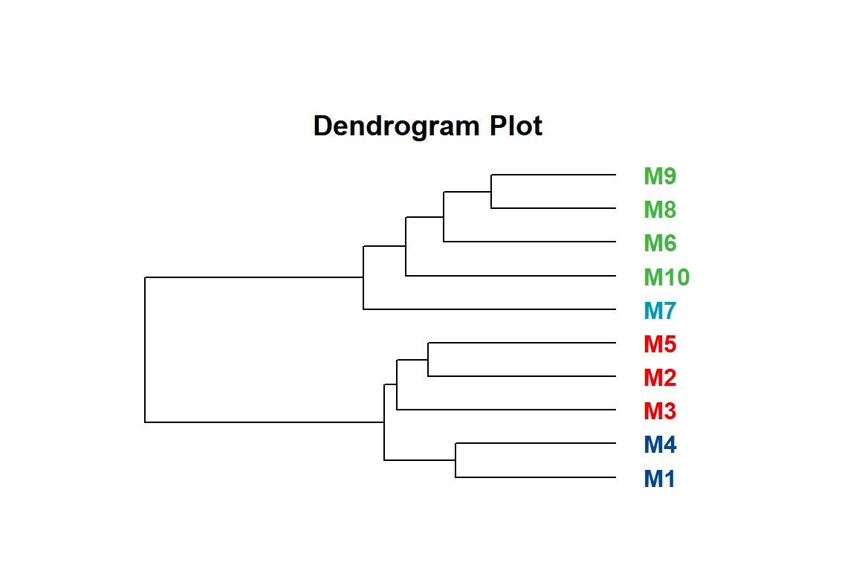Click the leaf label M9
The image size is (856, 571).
click(660, 176)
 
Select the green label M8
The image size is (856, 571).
click(660, 210)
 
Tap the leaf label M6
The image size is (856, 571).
click(660, 243)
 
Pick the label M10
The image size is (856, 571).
click(667, 277)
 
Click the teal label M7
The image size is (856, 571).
click(660, 311)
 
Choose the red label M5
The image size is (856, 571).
click(660, 344)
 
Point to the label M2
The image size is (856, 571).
click(660, 378)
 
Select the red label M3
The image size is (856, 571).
click(660, 411)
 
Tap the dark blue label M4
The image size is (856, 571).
click(660, 445)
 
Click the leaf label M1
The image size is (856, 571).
click(659, 479)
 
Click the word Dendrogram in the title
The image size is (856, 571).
click(396, 126)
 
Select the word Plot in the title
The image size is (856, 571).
click(516, 126)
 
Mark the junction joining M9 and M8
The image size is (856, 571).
click(491, 192)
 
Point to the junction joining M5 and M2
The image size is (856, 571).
click(428, 360)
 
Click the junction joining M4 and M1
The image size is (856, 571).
click(455, 460)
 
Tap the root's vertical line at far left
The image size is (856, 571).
click(145, 349)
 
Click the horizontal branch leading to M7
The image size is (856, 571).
click(490, 309)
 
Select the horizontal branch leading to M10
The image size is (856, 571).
click(511, 275)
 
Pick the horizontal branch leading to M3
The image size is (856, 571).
click(506, 409)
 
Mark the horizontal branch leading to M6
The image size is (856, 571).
click(530, 242)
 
